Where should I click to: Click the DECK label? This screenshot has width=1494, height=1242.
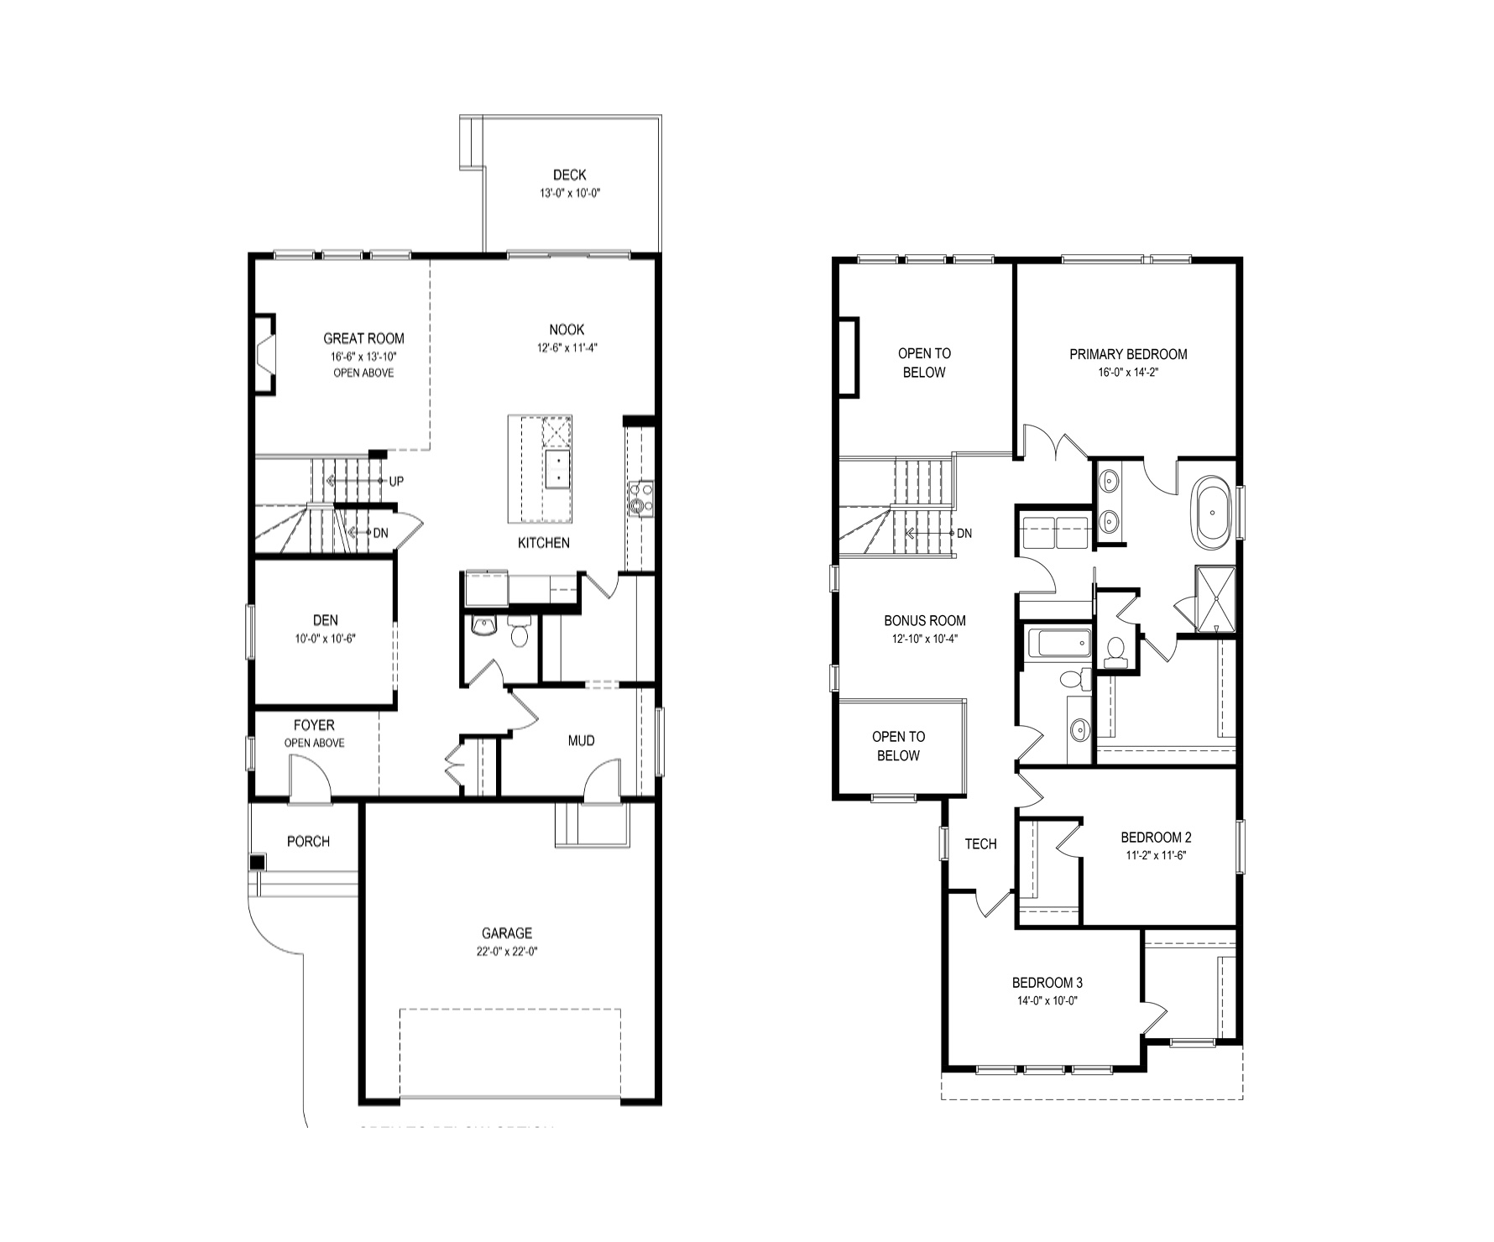(569, 175)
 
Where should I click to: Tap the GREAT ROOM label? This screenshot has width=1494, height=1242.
(363, 338)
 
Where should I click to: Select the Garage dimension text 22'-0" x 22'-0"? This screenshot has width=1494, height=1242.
(507, 952)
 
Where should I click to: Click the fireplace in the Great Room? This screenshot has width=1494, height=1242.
(265, 353)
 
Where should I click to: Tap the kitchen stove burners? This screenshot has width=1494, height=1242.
(642, 497)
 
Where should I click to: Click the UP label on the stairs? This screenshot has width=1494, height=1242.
(396, 481)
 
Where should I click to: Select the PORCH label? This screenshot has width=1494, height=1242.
(308, 841)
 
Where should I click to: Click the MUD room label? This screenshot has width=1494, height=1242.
(581, 740)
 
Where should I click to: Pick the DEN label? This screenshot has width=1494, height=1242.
(326, 620)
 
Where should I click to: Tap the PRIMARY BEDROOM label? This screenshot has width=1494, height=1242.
(1128, 354)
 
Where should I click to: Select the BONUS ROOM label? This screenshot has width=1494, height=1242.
(924, 621)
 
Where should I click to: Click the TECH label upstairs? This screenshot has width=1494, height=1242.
(980, 843)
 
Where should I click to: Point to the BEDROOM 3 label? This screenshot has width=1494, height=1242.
(1047, 983)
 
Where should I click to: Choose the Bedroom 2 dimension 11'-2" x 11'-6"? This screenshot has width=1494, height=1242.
(1156, 855)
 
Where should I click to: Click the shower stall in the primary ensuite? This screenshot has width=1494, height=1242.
(1215, 598)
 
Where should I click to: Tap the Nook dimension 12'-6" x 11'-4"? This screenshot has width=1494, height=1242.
(567, 347)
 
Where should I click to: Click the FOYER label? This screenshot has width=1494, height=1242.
(314, 725)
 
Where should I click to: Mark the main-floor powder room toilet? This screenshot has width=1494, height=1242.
(520, 631)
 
